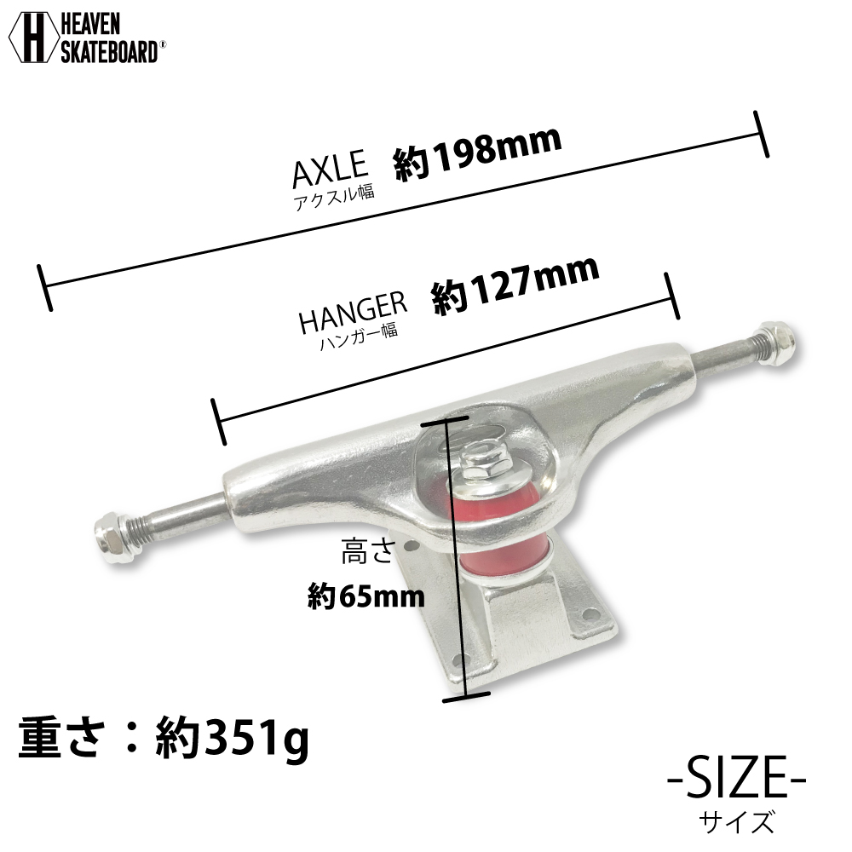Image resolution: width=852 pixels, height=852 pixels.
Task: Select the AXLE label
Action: (x=329, y=170)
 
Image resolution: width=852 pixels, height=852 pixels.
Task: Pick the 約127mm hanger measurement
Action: (x=515, y=286)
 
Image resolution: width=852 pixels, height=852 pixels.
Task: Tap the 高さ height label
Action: (x=367, y=556)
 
